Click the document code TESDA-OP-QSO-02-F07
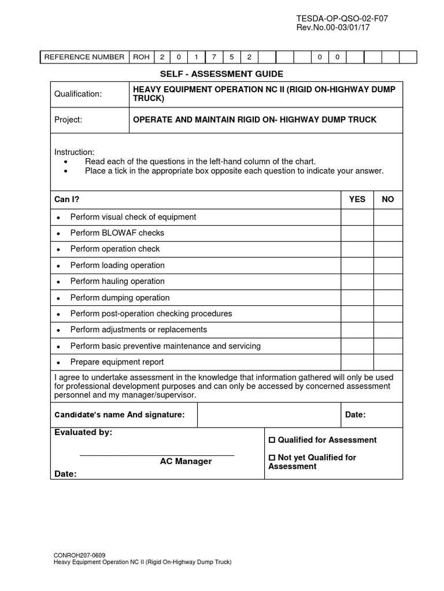coord(342,18)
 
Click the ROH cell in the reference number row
coord(140,57)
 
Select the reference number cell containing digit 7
coord(214,57)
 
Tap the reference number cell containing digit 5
coord(231,57)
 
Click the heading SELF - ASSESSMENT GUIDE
coord(221,74)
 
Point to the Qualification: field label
coord(78,94)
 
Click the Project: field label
coord(68,120)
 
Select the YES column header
coord(357,199)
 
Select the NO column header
coord(388,199)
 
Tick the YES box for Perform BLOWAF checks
coord(357,233)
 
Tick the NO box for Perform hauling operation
coord(388,282)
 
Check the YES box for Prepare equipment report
coord(357,362)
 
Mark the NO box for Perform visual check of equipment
coord(388,217)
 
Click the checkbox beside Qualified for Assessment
coord(272,440)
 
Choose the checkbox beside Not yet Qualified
coord(272,458)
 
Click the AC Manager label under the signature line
coord(186,462)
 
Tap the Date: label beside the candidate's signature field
coord(355,415)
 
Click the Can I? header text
coord(66,199)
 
